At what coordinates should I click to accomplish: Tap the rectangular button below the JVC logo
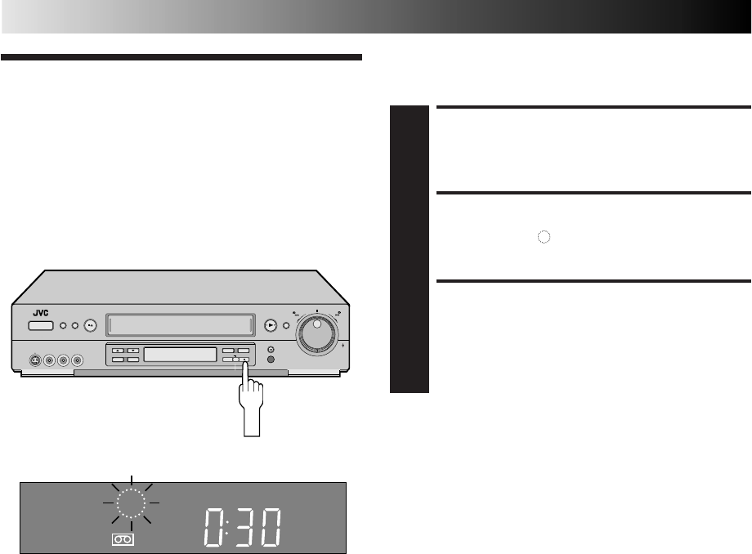pyautogui.click(x=40, y=326)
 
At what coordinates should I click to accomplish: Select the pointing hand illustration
pyautogui.click(x=247, y=409)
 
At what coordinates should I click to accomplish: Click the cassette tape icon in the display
pyautogui.click(x=123, y=539)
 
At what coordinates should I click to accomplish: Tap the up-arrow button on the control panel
pyautogui.click(x=118, y=351)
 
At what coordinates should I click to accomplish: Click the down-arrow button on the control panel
pyautogui.click(x=132, y=351)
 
